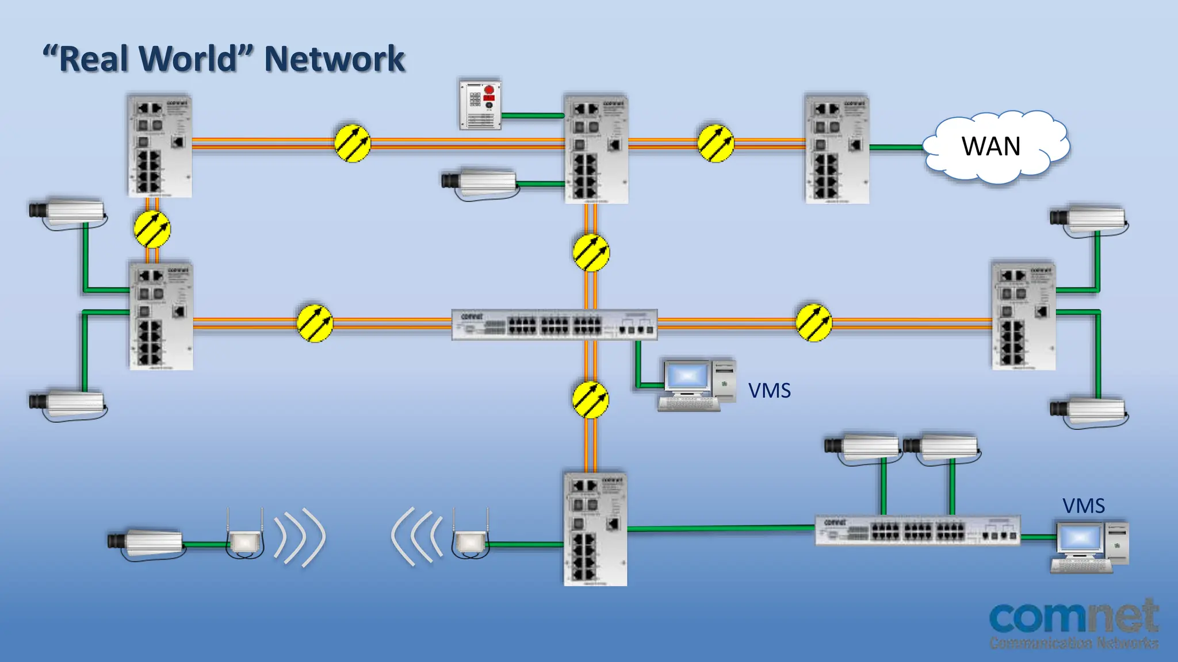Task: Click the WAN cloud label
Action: click(x=991, y=147)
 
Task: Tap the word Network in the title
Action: click(x=334, y=59)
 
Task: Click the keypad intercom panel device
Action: click(x=480, y=105)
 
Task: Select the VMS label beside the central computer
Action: click(x=769, y=391)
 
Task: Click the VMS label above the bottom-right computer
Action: click(x=1083, y=506)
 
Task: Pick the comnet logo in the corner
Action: click(x=1073, y=623)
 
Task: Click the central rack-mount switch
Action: click(x=554, y=325)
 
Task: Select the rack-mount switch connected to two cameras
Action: click(x=917, y=530)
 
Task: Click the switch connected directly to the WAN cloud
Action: click(x=837, y=149)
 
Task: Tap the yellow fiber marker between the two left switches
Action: click(x=152, y=229)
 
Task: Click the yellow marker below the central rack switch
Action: click(x=591, y=399)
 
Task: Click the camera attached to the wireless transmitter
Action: click(x=147, y=542)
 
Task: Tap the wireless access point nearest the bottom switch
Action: click(x=471, y=540)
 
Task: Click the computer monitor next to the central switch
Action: click(x=687, y=378)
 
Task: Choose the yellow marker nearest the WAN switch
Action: click(x=716, y=144)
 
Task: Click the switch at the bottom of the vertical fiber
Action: click(x=595, y=529)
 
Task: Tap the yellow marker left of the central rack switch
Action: click(x=315, y=323)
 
